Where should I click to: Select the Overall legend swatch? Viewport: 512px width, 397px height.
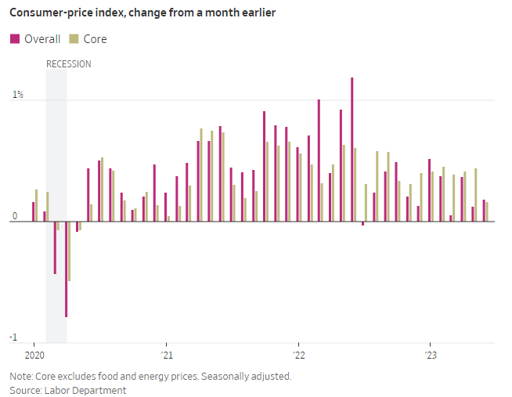(15, 39)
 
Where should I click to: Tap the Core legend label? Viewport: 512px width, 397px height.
(95, 39)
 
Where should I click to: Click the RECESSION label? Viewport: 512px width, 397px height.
(68, 64)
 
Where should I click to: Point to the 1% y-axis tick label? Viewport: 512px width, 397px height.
(17, 95)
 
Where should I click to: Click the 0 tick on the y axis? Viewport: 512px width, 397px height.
(14, 215)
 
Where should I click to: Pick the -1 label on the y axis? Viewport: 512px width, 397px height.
(13, 337)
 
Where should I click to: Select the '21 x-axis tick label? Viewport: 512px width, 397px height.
(166, 355)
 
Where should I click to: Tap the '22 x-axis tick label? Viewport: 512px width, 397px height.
(297, 355)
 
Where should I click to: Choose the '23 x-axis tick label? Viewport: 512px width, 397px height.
(430, 355)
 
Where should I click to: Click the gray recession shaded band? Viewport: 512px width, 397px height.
(56, 157)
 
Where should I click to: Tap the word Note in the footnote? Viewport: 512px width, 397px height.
(21, 376)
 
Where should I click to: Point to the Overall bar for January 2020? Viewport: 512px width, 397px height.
(33, 211)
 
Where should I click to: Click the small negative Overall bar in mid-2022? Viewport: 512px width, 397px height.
(362, 224)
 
